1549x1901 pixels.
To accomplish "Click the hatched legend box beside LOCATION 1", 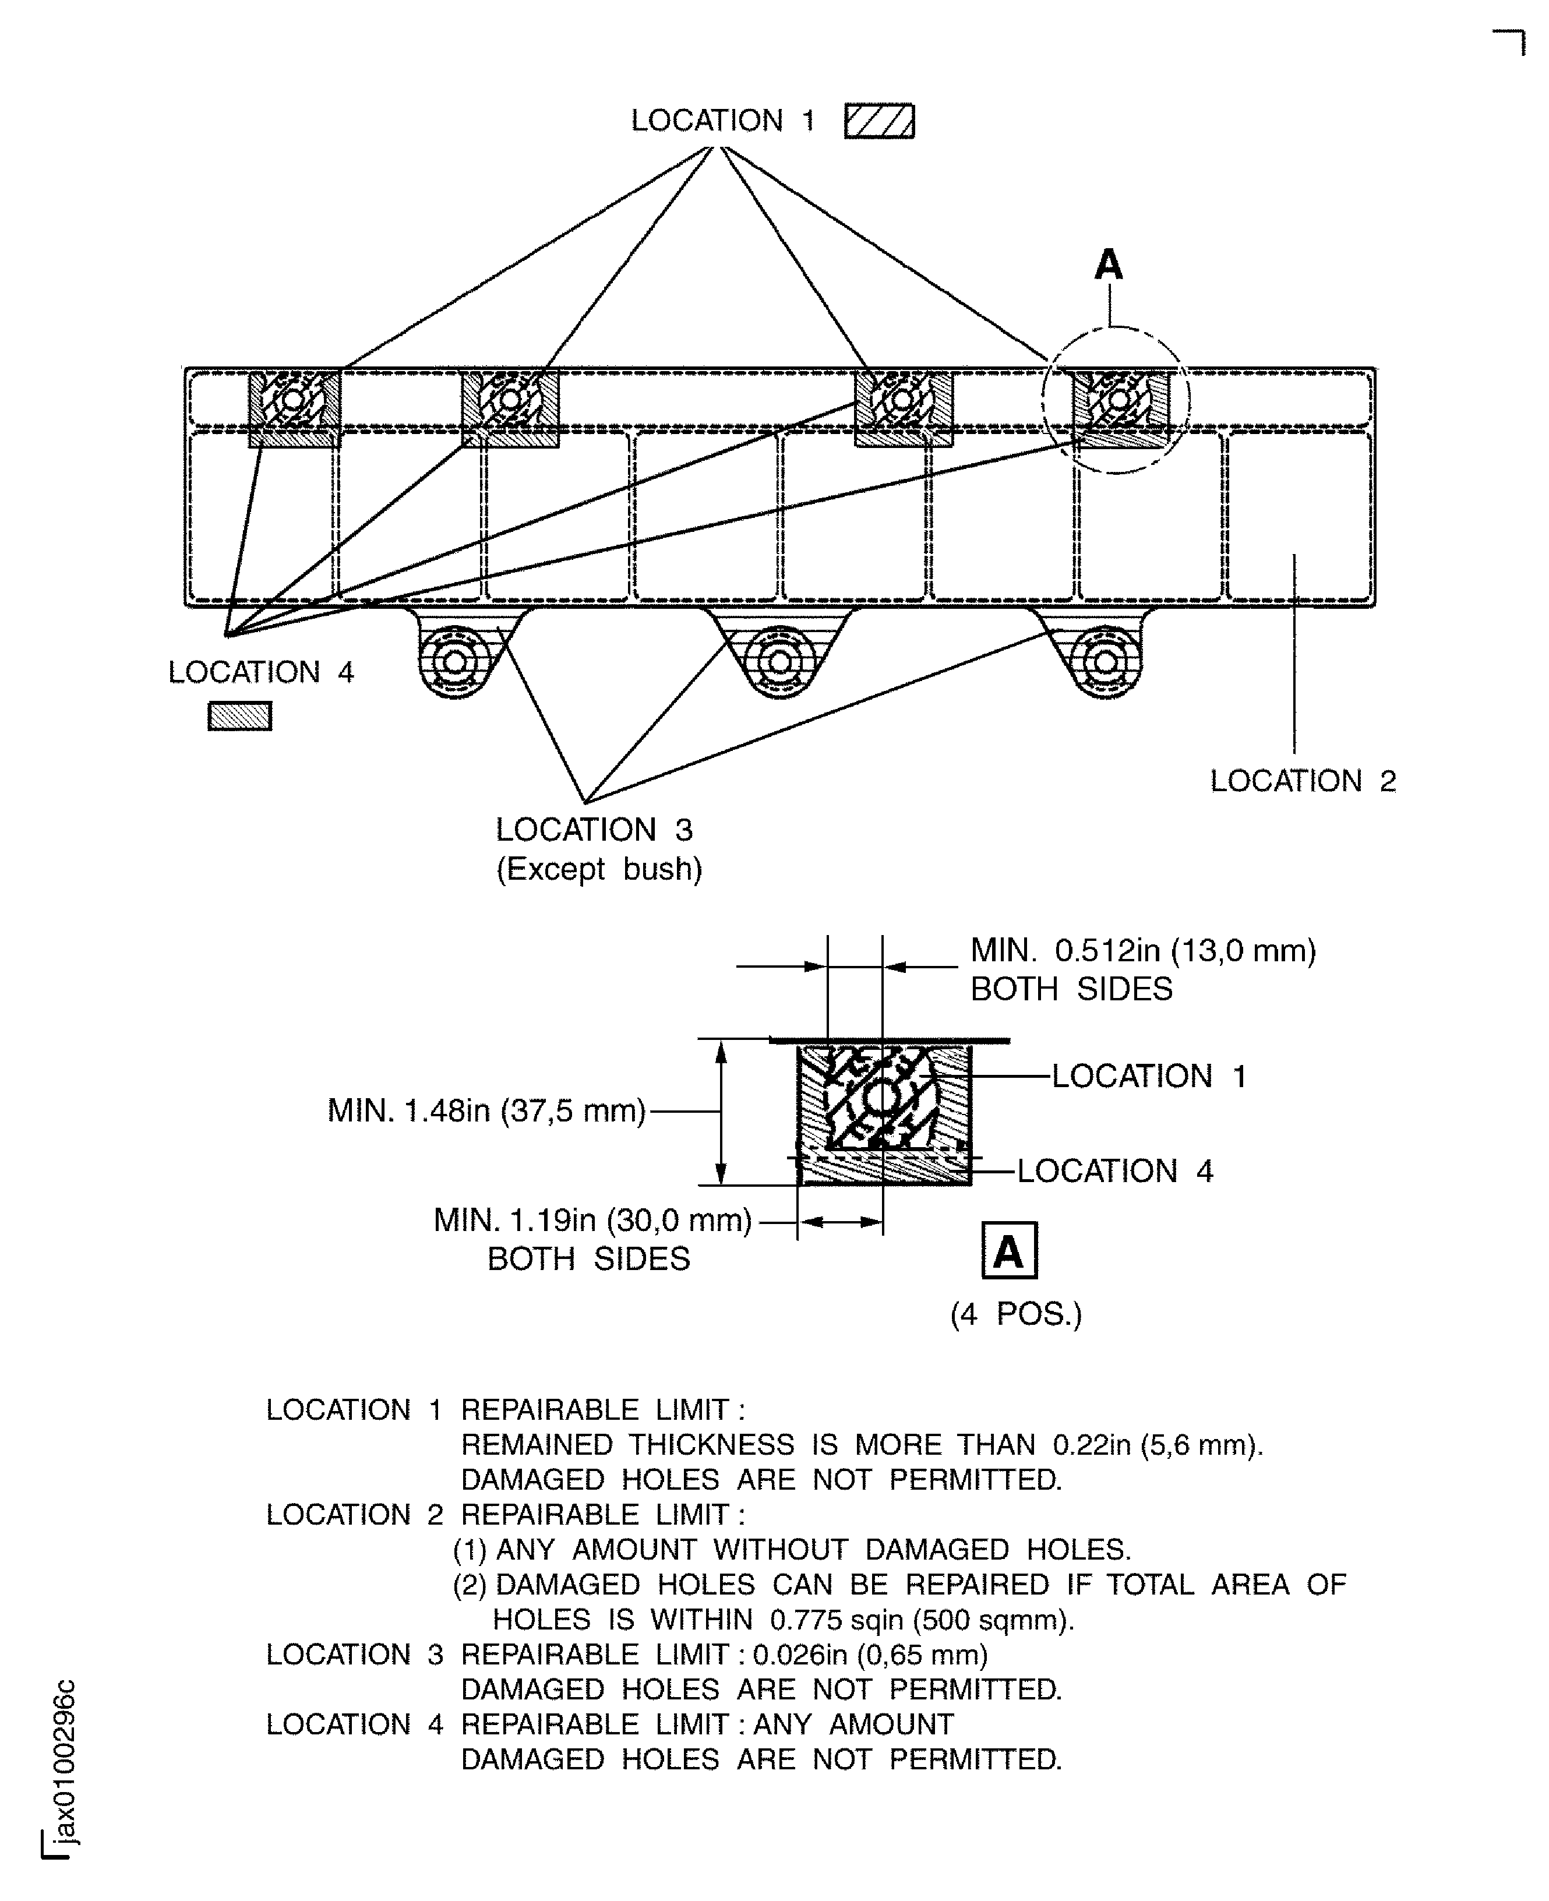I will (879, 121).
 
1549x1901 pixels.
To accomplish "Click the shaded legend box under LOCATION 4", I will (239, 716).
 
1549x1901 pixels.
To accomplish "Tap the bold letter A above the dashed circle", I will (1108, 265).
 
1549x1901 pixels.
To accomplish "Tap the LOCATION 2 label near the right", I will (1302, 781).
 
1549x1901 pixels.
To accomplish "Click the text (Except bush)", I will (599, 869).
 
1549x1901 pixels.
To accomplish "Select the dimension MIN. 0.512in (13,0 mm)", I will (1142, 951).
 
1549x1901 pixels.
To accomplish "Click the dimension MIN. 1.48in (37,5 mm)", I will (486, 1111).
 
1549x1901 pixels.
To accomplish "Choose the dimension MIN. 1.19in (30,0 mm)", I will (592, 1220).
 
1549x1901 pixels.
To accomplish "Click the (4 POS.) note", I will (1015, 1315).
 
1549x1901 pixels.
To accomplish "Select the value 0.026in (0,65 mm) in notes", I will (870, 1656).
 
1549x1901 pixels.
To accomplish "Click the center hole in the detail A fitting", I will (881, 1096).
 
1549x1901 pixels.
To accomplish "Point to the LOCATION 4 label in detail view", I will (1114, 1171).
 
